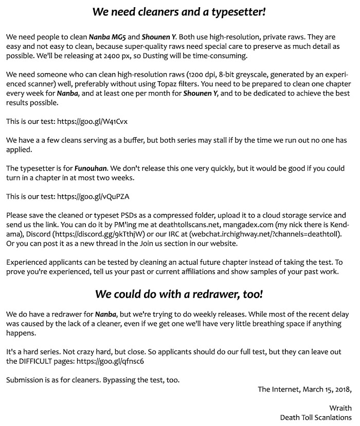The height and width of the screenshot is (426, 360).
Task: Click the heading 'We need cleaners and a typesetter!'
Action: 179,11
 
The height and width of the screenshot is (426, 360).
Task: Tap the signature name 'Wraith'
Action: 341,408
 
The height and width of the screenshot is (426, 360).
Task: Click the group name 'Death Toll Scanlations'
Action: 316,417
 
